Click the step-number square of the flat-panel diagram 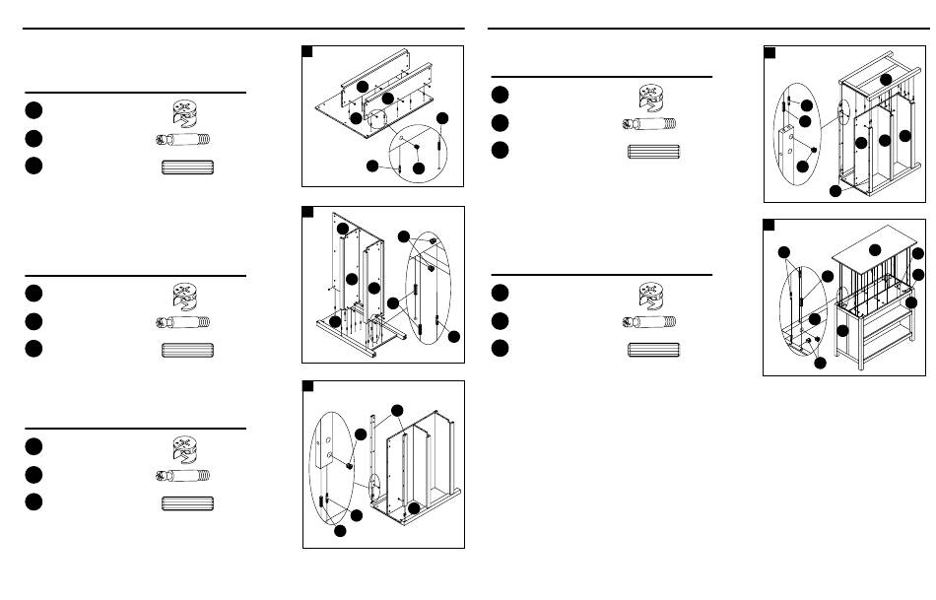[x=308, y=52]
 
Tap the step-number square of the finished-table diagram [x=769, y=226]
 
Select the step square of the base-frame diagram [x=308, y=212]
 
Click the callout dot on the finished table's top [x=875, y=247]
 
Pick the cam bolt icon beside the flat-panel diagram [x=183, y=139]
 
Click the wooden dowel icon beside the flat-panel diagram [x=186, y=167]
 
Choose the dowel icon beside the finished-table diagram [x=654, y=349]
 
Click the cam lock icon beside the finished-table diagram [x=652, y=294]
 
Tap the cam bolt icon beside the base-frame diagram [x=183, y=321]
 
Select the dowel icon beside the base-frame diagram [x=186, y=350]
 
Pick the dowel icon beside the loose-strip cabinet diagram [x=186, y=503]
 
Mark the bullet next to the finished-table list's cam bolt [x=501, y=320]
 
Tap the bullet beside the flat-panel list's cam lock [x=34, y=109]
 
